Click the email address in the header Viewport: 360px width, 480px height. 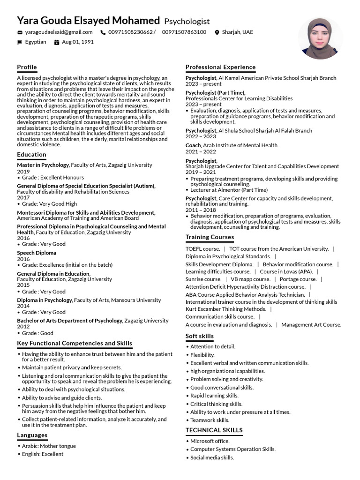[x=59, y=32]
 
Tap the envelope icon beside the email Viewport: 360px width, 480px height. [x=20, y=32]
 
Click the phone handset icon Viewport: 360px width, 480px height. [x=103, y=32]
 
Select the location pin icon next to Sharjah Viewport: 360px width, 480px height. [x=217, y=32]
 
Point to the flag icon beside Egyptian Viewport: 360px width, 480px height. [x=20, y=42]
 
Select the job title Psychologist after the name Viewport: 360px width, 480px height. [x=187, y=22]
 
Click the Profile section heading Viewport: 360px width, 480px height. [x=27, y=67]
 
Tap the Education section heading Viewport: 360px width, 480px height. [x=31, y=154]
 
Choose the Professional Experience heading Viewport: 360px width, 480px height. [x=220, y=67]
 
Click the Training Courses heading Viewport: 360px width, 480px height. [x=210, y=237]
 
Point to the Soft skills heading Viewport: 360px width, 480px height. [x=199, y=336]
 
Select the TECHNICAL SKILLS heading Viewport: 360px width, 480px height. [x=214, y=430]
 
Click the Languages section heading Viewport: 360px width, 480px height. [x=32, y=435]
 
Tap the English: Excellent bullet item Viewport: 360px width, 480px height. [x=42, y=454]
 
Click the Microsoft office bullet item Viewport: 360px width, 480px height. [x=210, y=441]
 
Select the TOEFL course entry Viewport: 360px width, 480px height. [x=202, y=249]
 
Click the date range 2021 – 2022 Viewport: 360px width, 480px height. [x=201, y=152]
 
